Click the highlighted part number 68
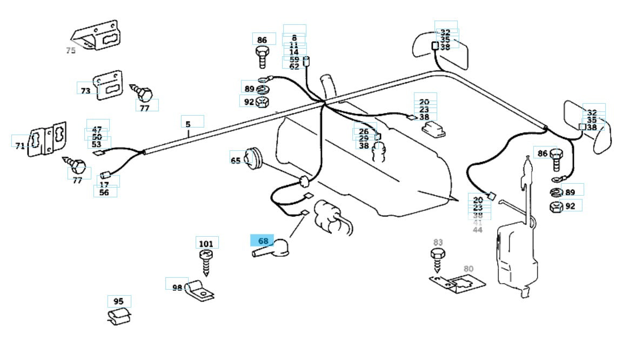pos(262,240)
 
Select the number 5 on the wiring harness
pos(188,124)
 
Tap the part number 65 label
pos(236,161)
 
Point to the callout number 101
pos(206,244)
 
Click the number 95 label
pos(119,301)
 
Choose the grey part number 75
pos(71,51)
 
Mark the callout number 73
pos(86,91)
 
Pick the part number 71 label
pos(20,145)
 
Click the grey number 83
pos(438,242)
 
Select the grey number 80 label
pos(468,269)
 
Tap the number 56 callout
pos(104,192)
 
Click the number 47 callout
pos(97,130)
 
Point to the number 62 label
pos(294,66)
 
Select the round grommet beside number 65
pos(252,158)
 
